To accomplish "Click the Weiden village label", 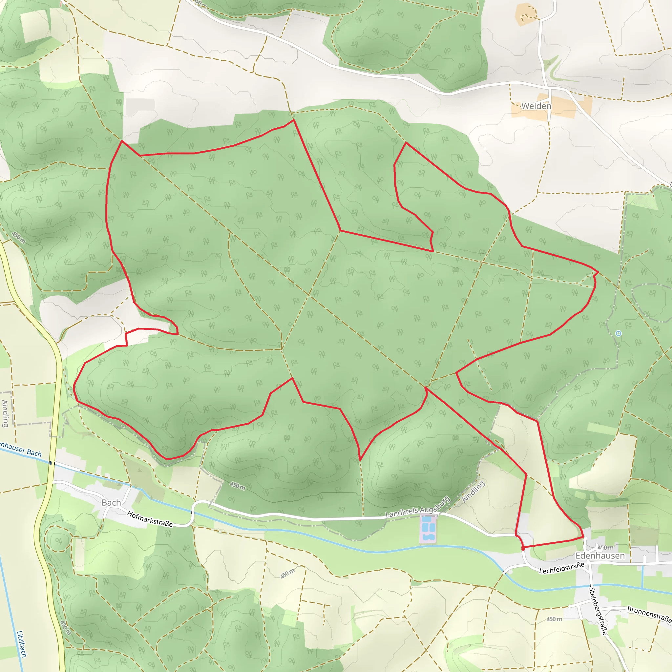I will (536, 106).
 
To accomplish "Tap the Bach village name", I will (111, 503).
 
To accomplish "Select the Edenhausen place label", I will (600, 556).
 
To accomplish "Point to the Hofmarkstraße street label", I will (150, 519).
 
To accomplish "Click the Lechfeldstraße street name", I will (561, 568).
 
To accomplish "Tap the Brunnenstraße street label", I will (649, 614).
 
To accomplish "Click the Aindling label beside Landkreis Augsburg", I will (473, 492).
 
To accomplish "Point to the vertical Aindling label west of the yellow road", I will (5, 413).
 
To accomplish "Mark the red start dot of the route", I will (523, 549).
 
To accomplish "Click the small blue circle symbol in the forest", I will (618, 334).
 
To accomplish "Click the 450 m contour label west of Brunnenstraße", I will (554, 619).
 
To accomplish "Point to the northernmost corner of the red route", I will (294, 120).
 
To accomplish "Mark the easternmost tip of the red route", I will (598, 272).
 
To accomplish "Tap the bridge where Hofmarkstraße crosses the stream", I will (192, 512).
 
